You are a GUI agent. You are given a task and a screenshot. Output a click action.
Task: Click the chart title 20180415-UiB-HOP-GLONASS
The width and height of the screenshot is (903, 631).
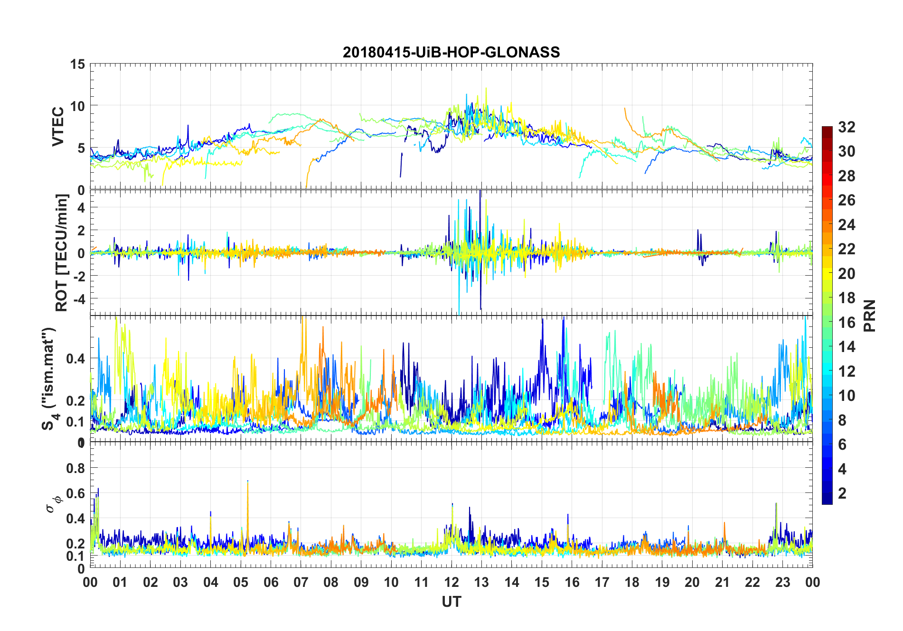pyautogui.click(x=451, y=52)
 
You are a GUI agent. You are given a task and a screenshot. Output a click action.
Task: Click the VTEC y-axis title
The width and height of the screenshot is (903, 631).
pyautogui.click(x=58, y=127)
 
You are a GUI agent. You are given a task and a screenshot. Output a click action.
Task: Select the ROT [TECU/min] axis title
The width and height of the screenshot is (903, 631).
pyautogui.click(x=62, y=252)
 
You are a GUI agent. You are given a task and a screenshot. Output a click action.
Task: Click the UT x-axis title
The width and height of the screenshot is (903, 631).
pyautogui.click(x=451, y=602)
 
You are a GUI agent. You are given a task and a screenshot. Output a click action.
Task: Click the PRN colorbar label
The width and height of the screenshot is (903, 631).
pyautogui.click(x=870, y=315)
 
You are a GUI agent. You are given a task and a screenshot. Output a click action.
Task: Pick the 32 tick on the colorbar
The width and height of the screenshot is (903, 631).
pyautogui.click(x=847, y=127)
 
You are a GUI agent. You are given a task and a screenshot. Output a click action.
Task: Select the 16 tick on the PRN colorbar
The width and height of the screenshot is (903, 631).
pyautogui.click(x=847, y=323)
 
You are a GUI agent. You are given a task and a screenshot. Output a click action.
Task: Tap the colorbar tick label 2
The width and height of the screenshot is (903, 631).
pyautogui.click(x=842, y=493)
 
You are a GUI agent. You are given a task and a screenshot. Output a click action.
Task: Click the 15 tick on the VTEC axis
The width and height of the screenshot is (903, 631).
pyautogui.click(x=77, y=64)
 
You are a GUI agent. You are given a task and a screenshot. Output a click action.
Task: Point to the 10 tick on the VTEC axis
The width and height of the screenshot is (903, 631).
pyautogui.click(x=77, y=106)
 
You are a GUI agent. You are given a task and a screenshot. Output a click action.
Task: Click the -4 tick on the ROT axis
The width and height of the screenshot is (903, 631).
pyautogui.click(x=78, y=299)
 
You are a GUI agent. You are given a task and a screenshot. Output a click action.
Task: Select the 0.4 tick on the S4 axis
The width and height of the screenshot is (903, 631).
pyautogui.click(x=75, y=358)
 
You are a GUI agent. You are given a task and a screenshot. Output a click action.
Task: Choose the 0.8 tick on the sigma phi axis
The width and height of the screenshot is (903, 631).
pyautogui.click(x=75, y=468)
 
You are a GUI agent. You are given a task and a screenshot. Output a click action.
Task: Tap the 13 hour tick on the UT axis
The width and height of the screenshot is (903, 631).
pyautogui.click(x=481, y=582)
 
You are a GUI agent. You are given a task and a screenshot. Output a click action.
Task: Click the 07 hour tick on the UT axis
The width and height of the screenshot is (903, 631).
pyautogui.click(x=301, y=582)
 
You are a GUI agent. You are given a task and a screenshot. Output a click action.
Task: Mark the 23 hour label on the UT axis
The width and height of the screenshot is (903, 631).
pyautogui.click(x=782, y=582)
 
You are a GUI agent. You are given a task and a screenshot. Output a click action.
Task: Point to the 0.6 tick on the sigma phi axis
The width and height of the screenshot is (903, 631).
pyautogui.click(x=75, y=493)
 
